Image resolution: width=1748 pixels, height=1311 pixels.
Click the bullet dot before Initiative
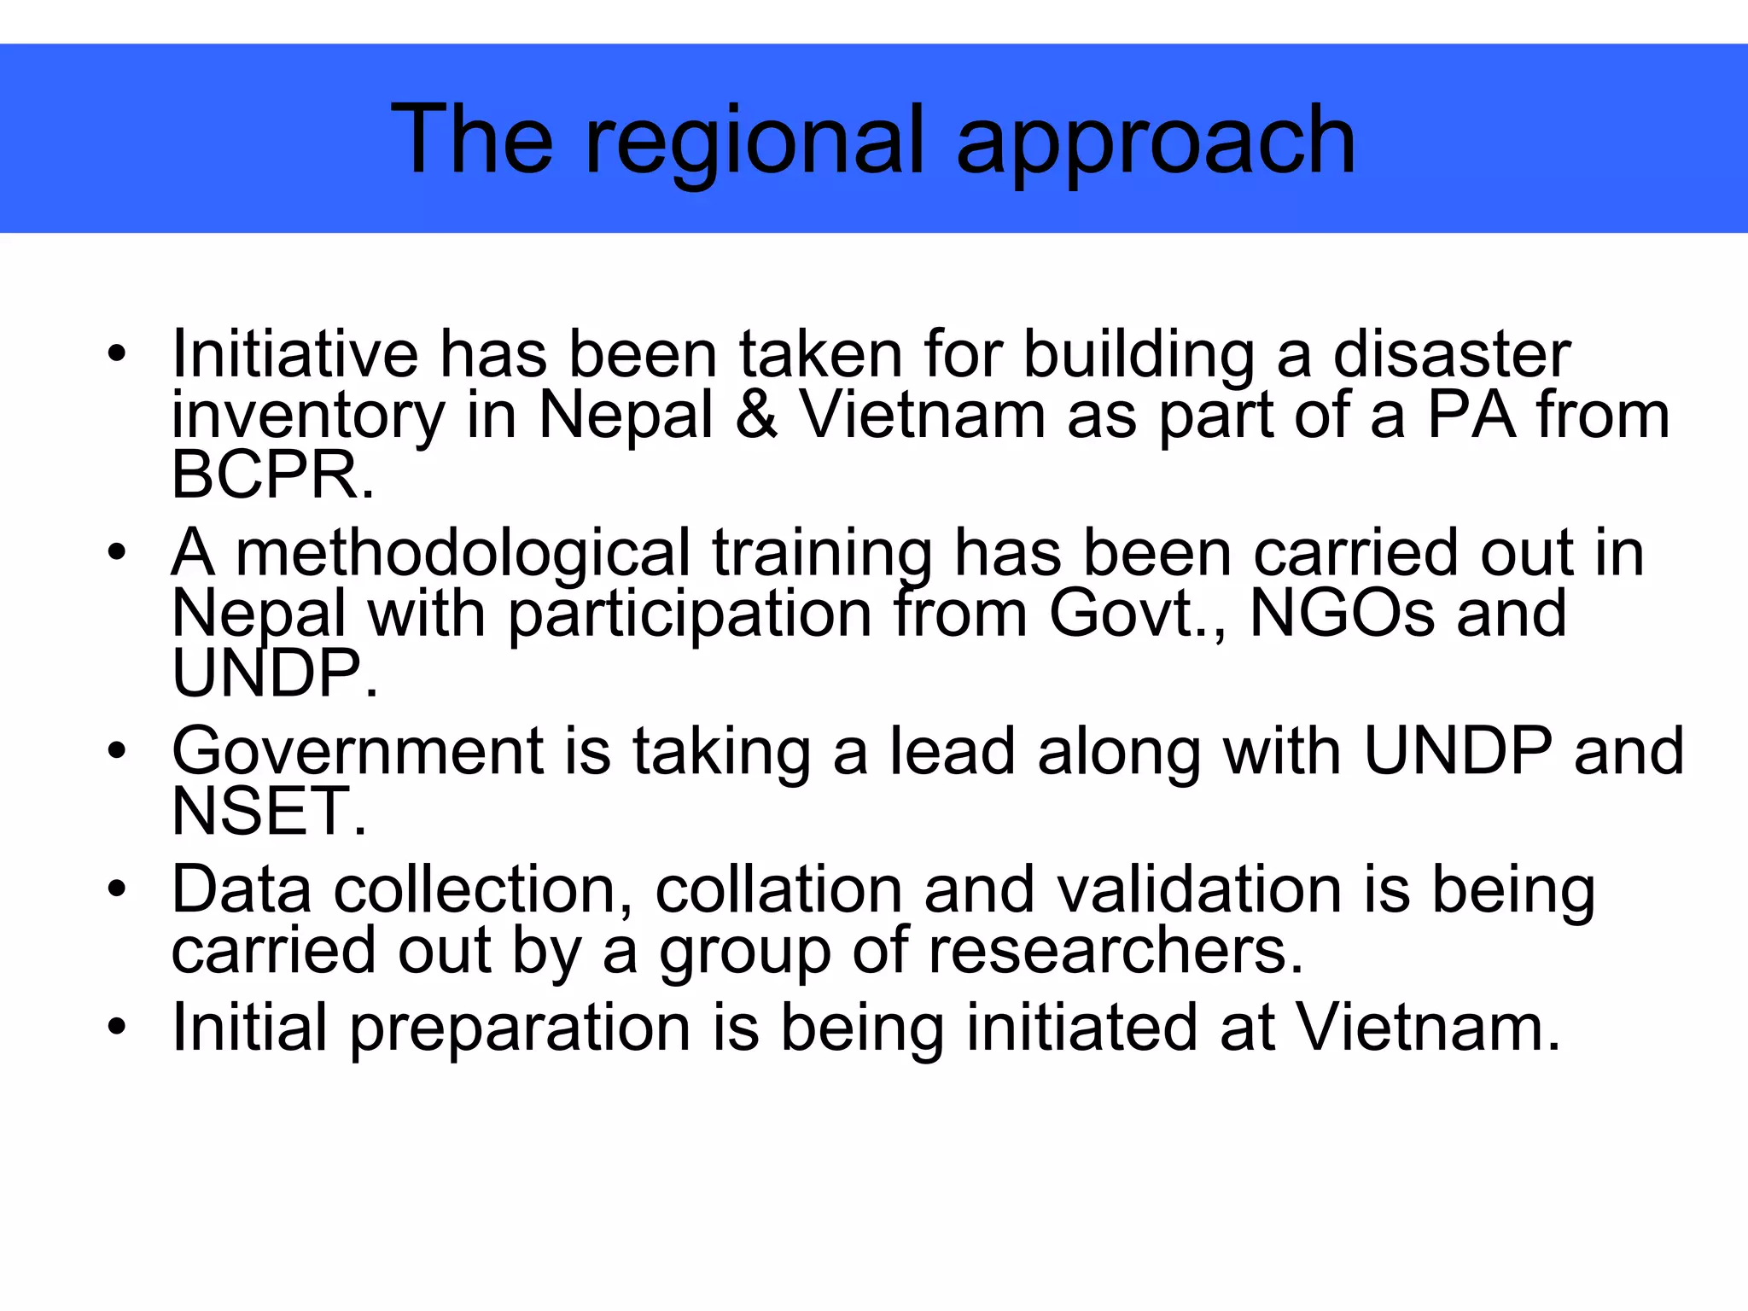pyautogui.click(x=117, y=353)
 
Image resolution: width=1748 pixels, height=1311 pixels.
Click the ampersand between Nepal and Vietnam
pyautogui.click(x=756, y=416)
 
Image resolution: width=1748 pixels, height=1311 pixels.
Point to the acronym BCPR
pyautogui.click(x=271, y=475)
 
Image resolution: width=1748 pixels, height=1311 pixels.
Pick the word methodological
pyautogui.click(x=462, y=554)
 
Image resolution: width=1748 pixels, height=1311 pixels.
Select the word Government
pyautogui.click(x=357, y=751)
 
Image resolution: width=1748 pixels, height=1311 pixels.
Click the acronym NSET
pyautogui.click(x=268, y=811)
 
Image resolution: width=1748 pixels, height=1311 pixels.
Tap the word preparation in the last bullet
pyautogui.click(x=520, y=1028)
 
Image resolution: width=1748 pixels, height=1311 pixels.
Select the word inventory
pyautogui.click(x=307, y=417)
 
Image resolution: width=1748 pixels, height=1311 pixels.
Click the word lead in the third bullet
pyautogui.click(x=953, y=751)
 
